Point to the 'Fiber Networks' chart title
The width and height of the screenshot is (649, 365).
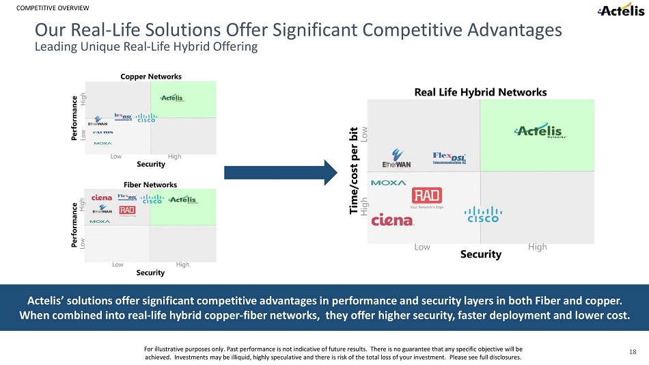[x=150, y=185]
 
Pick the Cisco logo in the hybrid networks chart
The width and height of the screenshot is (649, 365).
[x=483, y=215]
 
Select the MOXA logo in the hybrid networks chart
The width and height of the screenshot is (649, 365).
[x=388, y=183]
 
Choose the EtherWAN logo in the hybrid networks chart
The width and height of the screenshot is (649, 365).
[x=397, y=158]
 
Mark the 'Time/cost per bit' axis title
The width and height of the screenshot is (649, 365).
[x=353, y=171]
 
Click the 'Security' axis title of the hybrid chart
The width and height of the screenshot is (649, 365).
[x=482, y=254]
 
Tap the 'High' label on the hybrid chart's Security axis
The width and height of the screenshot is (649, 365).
[x=538, y=247]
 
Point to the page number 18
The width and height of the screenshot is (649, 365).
[x=633, y=351]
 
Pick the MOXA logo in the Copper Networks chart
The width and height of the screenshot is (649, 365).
[x=102, y=144]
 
